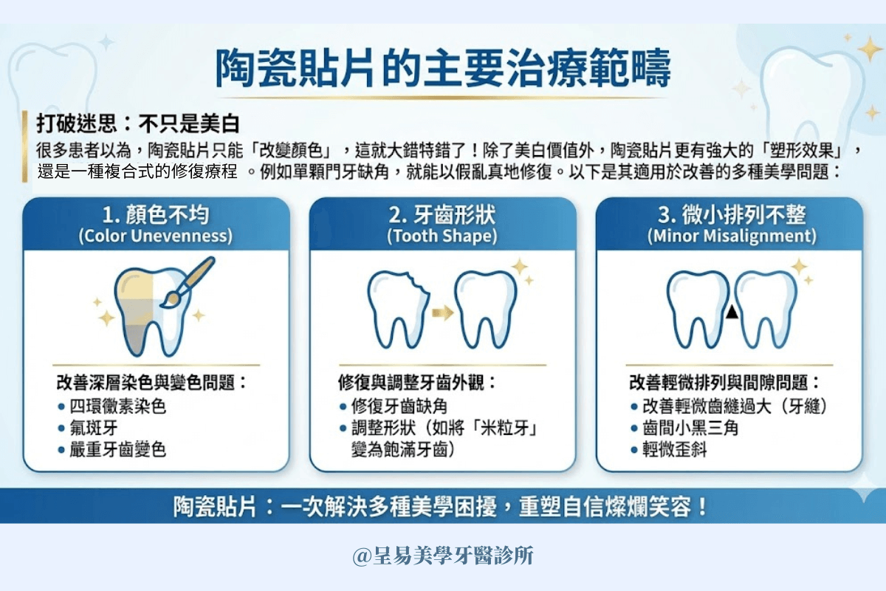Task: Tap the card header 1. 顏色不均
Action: (x=156, y=215)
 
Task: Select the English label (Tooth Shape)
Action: (x=442, y=236)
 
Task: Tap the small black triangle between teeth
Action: (x=731, y=313)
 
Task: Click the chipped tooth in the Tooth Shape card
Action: (x=397, y=309)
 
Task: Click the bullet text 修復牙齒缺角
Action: (x=399, y=407)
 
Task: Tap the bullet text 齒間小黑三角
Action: (x=690, y=428)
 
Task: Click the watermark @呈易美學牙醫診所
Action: (x=443, y=556)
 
